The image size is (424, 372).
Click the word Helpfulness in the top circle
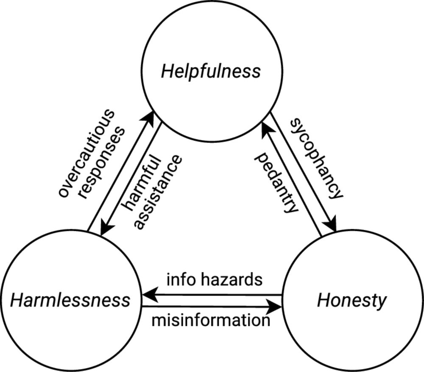coord(211,72)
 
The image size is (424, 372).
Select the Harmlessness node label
coord(70,301)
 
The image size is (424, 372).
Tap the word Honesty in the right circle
coord(351,301)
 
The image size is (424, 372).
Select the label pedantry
coord(275,183)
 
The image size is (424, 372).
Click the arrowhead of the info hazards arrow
coord(146,294)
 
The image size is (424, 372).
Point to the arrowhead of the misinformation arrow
coord(278,306)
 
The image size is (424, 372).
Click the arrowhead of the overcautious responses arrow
coord(151,116)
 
